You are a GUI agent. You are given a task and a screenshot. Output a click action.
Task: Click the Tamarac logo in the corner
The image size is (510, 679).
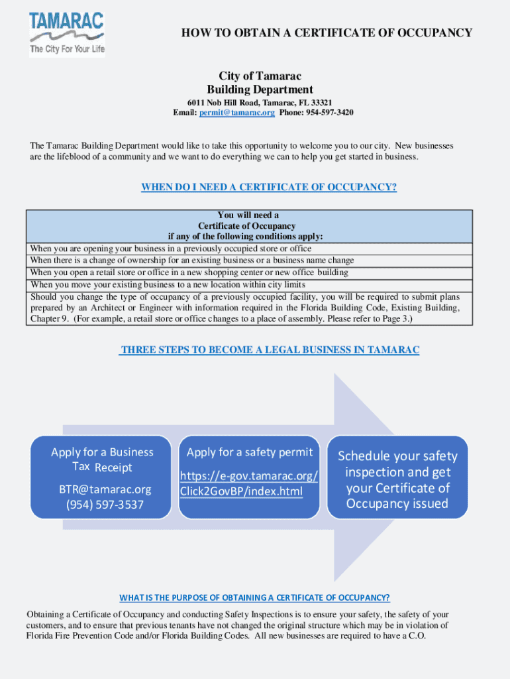click(67, 34)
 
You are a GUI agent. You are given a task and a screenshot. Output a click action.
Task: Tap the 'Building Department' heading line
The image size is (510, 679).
click(260, 90)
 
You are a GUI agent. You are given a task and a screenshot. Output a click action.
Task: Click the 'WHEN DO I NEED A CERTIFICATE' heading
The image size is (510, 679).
click(269, 187)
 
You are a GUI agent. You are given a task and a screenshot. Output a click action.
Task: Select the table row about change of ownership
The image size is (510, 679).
click(192, 261)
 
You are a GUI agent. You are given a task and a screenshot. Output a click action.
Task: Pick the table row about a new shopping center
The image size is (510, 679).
click(189, 273)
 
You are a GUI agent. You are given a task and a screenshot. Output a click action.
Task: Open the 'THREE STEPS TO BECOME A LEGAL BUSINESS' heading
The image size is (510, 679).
click(269, 349)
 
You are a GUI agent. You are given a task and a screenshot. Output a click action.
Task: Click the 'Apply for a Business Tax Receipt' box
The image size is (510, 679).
click(102, 460)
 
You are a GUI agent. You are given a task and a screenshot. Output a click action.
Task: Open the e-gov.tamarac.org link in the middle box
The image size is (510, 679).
click(248, 483)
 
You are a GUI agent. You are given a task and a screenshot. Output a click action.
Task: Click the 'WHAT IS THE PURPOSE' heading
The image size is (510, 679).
click(254, 597)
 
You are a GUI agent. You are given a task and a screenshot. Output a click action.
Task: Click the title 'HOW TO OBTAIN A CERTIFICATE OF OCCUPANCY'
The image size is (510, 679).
click(327, 32)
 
